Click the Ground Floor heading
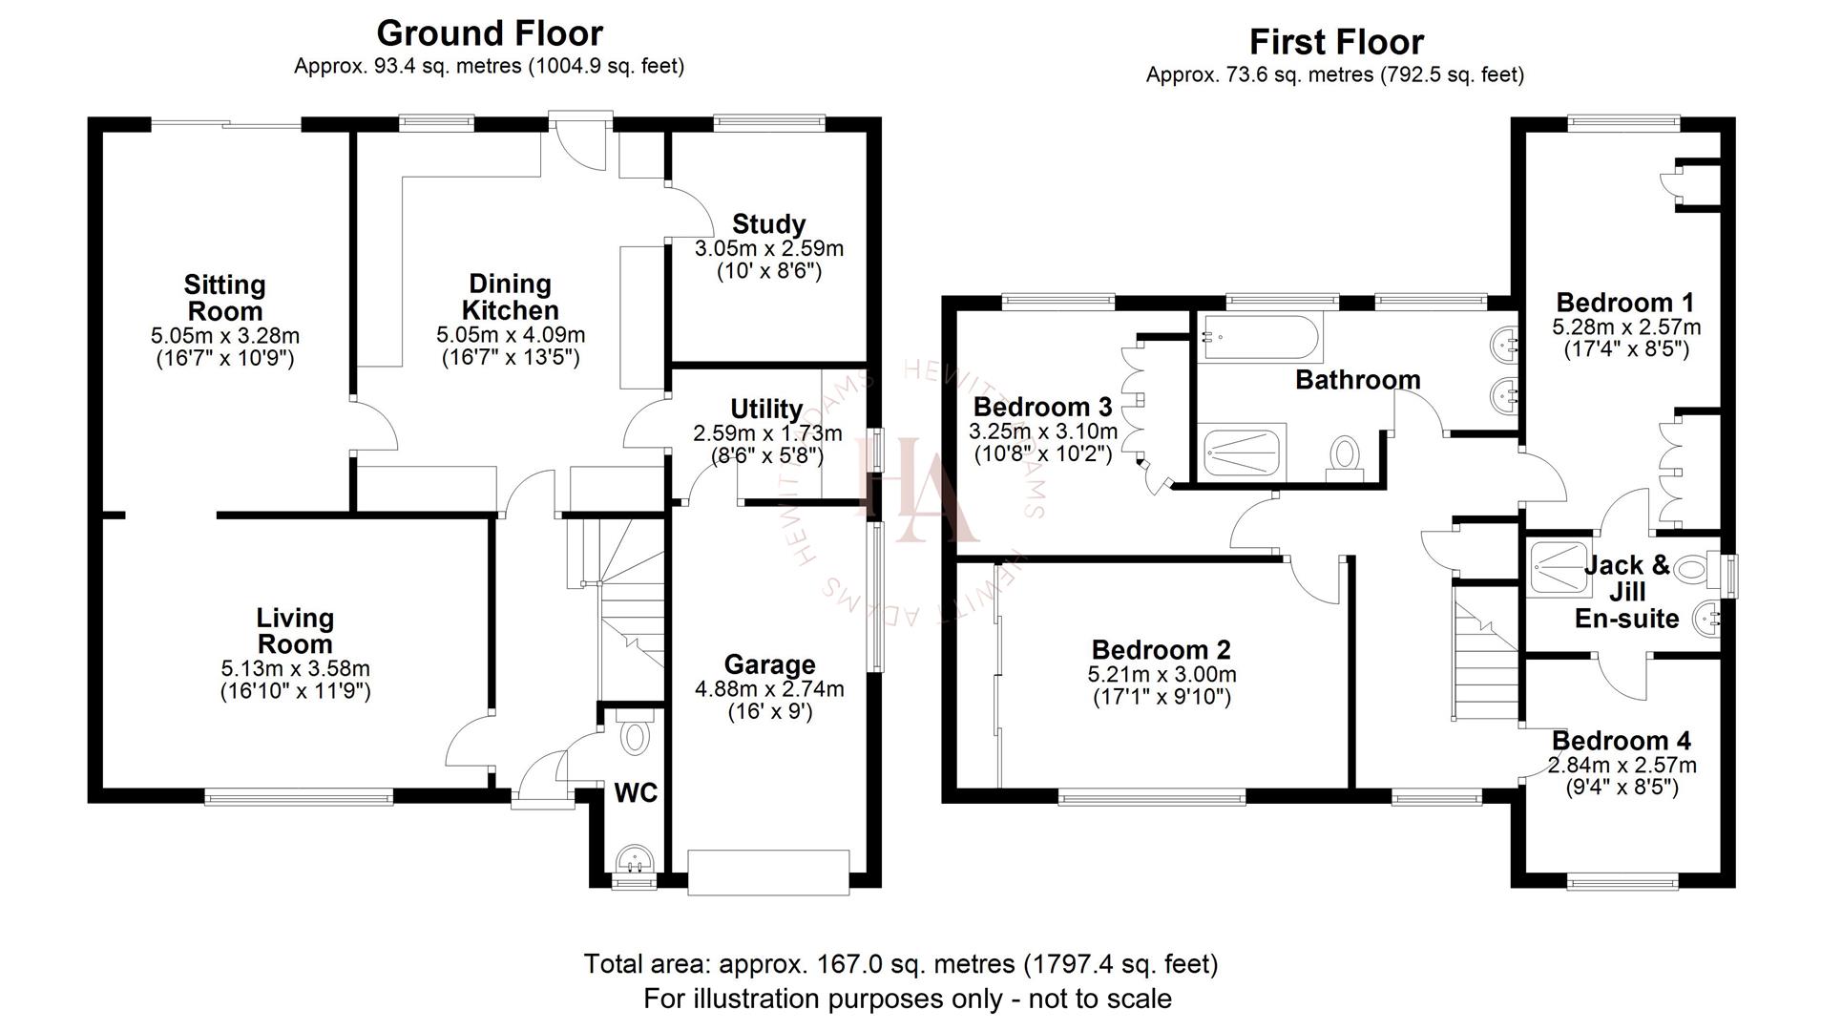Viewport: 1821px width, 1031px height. click(x=490, y=33)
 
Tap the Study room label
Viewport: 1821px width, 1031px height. click(x=768, y=224)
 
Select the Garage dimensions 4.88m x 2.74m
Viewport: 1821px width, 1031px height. click(x=769, y=688)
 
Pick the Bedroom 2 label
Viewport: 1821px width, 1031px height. click(x=1161, y=650)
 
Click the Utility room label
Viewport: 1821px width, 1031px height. click(x=765, y=410)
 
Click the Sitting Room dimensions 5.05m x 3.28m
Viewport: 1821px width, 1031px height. click(x=225, y=336)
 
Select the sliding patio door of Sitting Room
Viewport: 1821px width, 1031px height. click(x=226, y=124)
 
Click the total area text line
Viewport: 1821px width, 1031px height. click(x=900, y=964)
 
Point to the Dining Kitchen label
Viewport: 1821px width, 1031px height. click(x=511, y=297)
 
